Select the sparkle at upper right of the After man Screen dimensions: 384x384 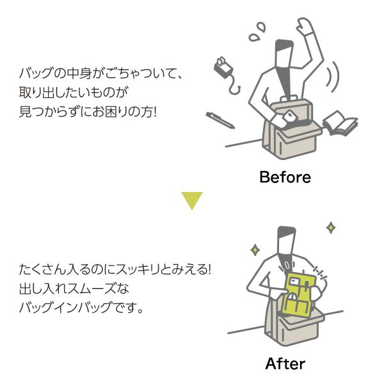(331, 227)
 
